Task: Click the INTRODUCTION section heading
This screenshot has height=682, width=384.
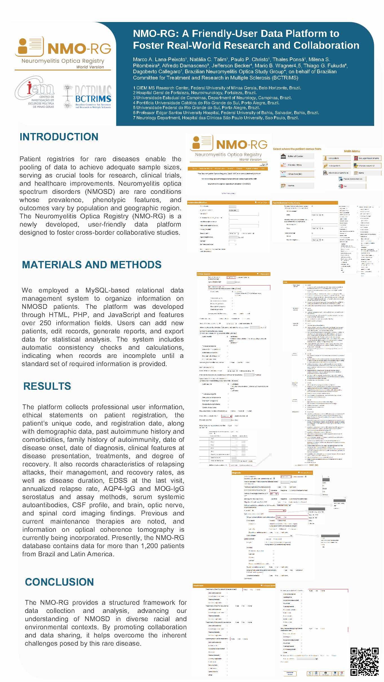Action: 59,137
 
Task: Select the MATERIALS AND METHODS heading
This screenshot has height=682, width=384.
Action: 92,265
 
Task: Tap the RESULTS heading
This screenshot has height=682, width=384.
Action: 47,386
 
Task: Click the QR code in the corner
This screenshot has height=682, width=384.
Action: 364,661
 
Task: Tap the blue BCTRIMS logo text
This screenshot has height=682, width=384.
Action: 93,99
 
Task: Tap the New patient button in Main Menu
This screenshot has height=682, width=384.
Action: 336,158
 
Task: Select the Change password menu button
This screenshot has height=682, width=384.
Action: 367,166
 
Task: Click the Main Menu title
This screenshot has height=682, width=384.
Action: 352,151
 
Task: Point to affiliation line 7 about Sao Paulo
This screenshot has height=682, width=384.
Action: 216,118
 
